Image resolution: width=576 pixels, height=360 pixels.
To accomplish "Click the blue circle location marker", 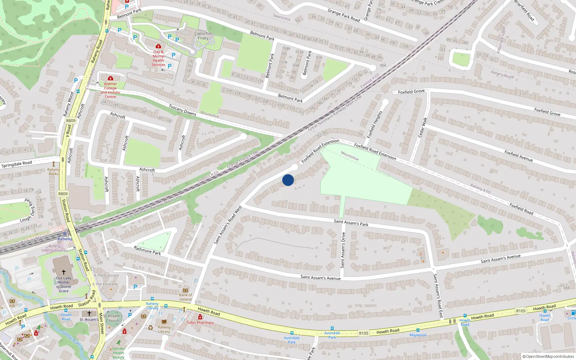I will (x=288, y=180).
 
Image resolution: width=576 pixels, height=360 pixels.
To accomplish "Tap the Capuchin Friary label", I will (x=203, y=36).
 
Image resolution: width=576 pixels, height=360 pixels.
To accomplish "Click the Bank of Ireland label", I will (x=185, y=297).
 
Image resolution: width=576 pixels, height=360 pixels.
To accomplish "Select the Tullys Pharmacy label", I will (x=200, y=323).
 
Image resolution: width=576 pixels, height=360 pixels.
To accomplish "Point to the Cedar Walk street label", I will (x=422, y=127).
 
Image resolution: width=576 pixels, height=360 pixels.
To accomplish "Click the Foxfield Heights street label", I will (x=374, y=125).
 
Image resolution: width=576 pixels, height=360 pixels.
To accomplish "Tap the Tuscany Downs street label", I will (x=183, y=110).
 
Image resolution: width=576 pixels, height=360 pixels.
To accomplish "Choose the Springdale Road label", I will (x=17, y=164).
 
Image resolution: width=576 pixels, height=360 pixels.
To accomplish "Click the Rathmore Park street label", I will (x=147, y=250).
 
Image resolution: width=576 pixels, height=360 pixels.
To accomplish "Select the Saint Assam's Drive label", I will (x=343, y=250).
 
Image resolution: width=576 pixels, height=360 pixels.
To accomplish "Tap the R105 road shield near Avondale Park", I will (x=364, y=333).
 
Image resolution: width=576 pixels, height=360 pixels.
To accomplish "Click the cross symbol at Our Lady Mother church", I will (x=64, y=272).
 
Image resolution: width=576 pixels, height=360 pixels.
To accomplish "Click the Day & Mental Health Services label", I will (x=158, y=58).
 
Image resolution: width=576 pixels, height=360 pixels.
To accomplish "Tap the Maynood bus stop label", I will (x=418, y=335).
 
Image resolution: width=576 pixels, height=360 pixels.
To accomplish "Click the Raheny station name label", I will (x=65, y=239).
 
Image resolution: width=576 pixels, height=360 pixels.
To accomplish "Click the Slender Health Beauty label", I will (x=118, y=353).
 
